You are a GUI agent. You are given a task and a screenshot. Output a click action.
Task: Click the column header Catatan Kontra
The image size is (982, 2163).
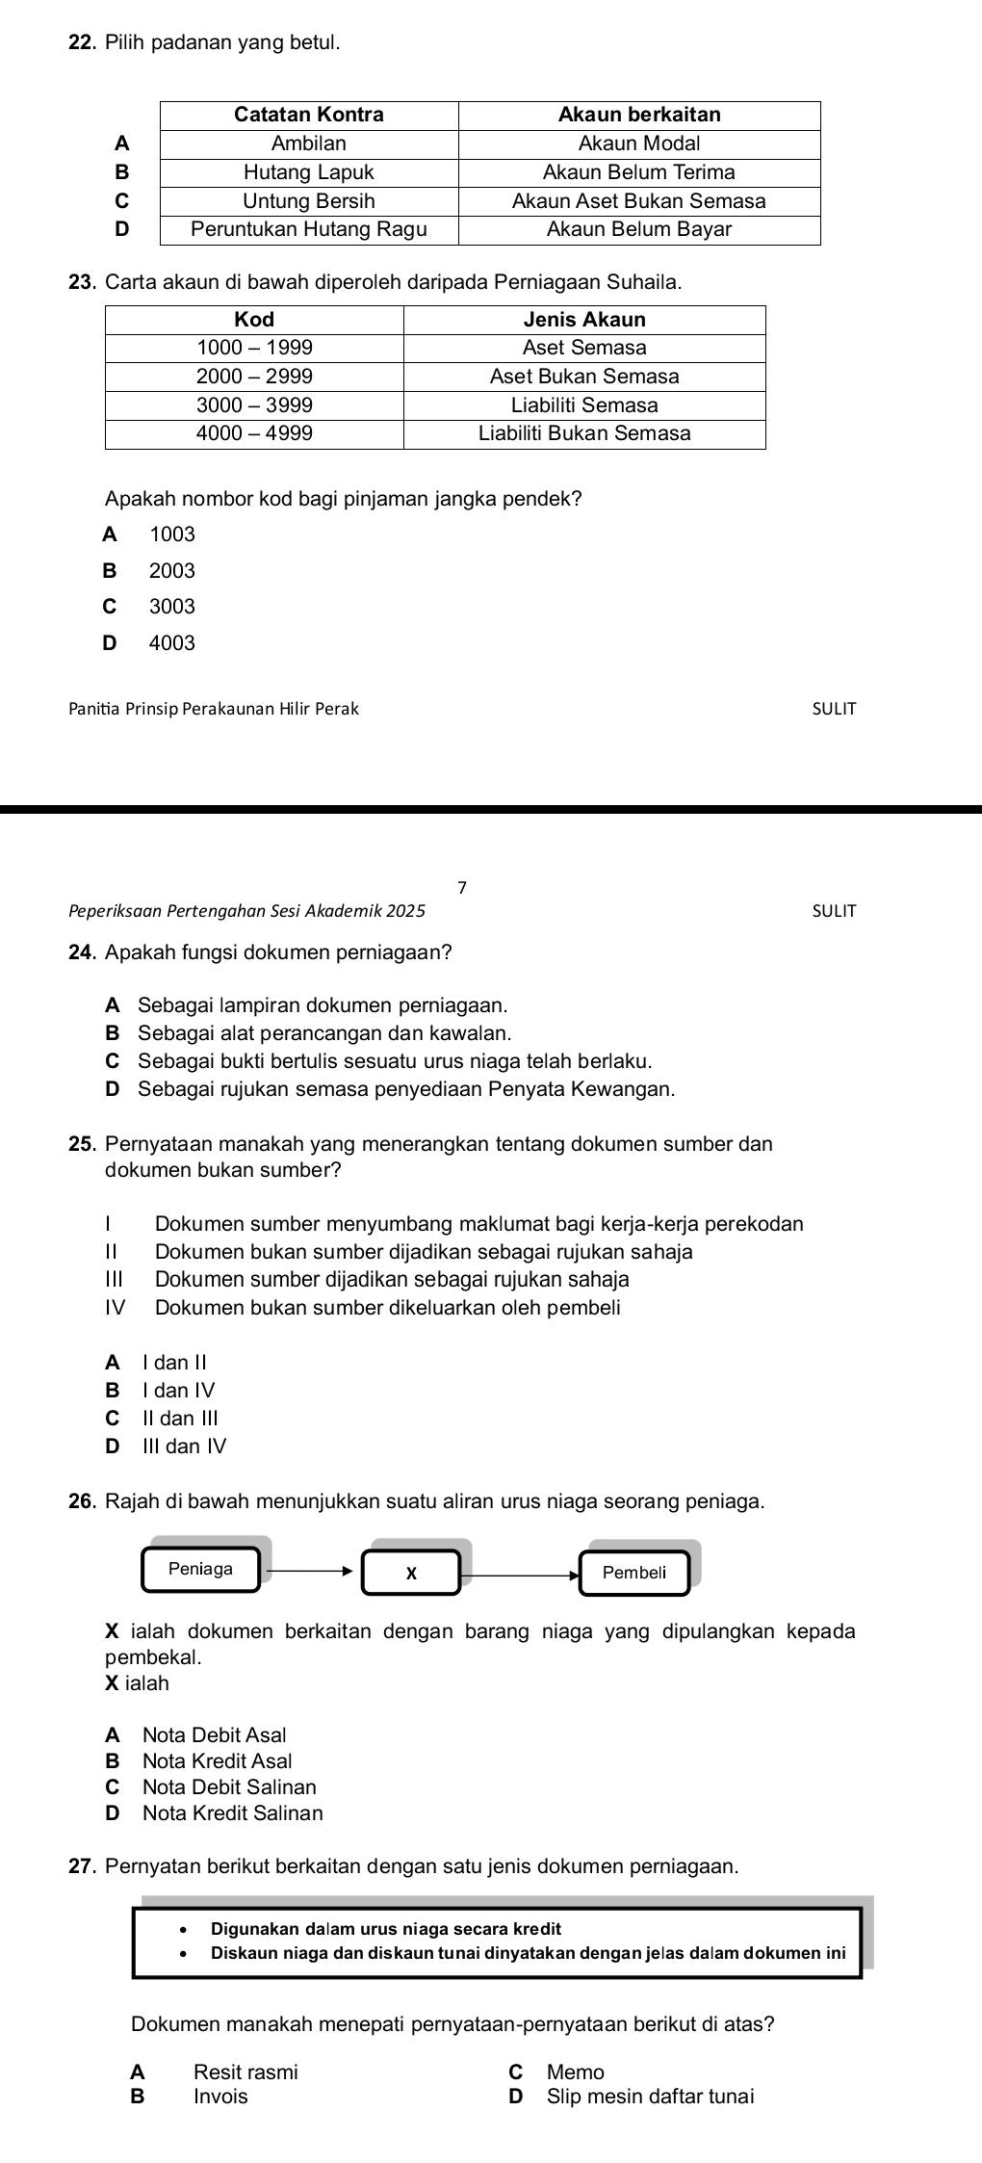309,115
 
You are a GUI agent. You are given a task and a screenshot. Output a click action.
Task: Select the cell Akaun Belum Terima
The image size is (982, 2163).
639,172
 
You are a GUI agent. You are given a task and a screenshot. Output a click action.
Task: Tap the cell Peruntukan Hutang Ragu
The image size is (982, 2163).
309,229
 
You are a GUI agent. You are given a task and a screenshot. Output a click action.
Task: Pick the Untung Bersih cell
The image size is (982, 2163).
309,201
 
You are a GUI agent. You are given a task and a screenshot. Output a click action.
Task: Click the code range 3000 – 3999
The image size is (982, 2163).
254,404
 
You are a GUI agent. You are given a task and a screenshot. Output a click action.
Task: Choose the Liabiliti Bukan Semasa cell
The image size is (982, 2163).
584,433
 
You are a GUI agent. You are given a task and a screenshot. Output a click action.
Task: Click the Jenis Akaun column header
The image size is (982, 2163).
584,319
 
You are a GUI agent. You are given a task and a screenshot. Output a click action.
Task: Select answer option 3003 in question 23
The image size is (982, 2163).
172,607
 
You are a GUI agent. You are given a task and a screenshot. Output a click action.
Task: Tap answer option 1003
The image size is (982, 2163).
172,534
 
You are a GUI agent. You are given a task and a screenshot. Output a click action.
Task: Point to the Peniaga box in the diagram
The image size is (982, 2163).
201,1569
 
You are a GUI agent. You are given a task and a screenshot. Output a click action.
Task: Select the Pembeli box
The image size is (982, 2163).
633,1573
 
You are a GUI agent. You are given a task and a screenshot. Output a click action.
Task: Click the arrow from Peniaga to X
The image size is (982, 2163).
310,1570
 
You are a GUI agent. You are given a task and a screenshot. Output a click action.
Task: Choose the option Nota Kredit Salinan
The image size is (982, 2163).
232,1812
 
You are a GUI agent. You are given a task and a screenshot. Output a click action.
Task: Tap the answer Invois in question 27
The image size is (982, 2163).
220,2097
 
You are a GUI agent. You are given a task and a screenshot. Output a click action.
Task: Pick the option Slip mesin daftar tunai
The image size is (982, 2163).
650,2097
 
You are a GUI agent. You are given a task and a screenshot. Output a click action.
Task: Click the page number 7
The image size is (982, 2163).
462,887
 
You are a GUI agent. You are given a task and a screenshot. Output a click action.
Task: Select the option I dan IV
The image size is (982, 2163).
178,1390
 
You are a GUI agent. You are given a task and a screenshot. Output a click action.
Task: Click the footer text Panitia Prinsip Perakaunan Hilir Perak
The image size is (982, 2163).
214,709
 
